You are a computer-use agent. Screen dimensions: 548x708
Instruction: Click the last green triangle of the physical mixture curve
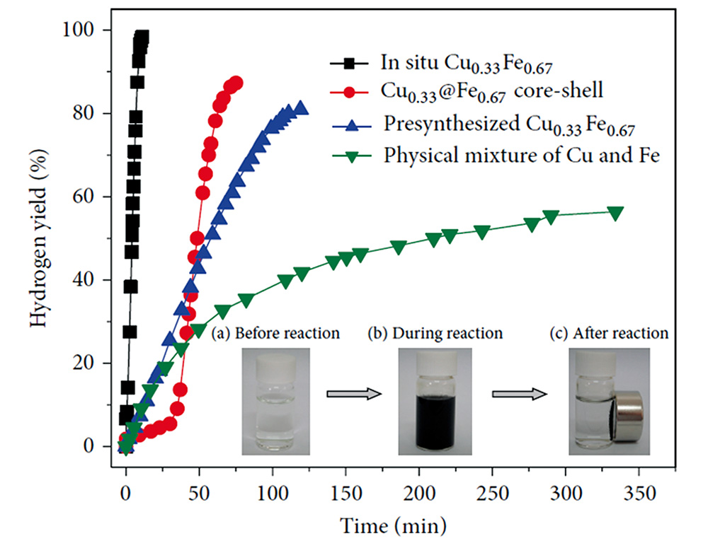[x=615, y=213]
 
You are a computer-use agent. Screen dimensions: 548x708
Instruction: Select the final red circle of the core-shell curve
[x=236, y=83]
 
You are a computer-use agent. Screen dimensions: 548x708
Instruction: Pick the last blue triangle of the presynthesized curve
[x=300, y=107]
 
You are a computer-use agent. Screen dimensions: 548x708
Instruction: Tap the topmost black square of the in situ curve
[x=142, y=37]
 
